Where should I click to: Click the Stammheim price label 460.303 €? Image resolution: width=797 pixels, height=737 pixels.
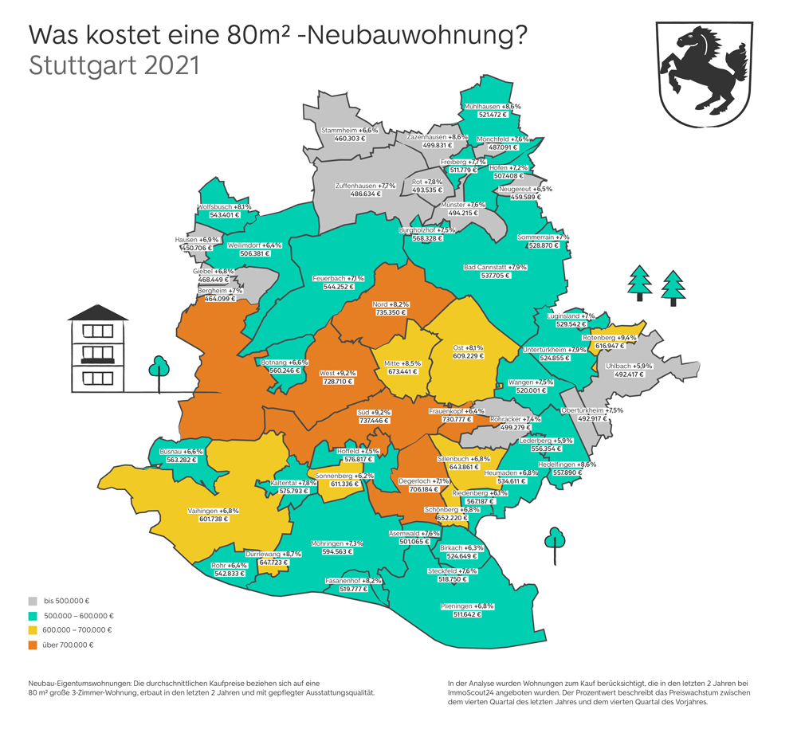349,139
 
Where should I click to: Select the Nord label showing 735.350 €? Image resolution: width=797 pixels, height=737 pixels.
391,313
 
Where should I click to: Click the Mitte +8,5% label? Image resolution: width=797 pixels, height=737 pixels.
402,363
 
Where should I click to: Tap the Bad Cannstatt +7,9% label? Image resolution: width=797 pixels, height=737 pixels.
495,268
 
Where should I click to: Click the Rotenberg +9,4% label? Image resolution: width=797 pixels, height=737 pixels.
609,338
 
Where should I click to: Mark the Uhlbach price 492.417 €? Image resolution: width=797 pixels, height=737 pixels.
629,374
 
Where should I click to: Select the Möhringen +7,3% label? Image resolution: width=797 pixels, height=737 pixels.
344,543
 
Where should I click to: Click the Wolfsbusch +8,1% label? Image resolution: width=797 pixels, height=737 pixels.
224,207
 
